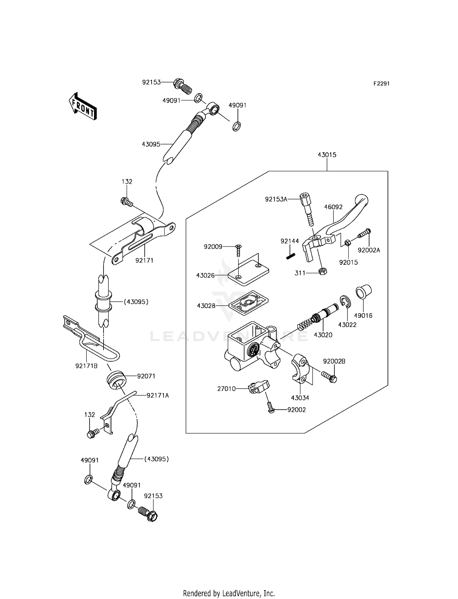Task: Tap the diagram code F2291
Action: [381, 84]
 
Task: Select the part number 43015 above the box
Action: [327, 155]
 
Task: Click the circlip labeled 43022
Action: [345, 302]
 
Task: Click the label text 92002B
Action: [334, 361]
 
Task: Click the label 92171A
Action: [158, 395]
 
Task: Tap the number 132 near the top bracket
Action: [127, 182]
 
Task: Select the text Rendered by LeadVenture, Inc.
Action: [229, 593]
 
